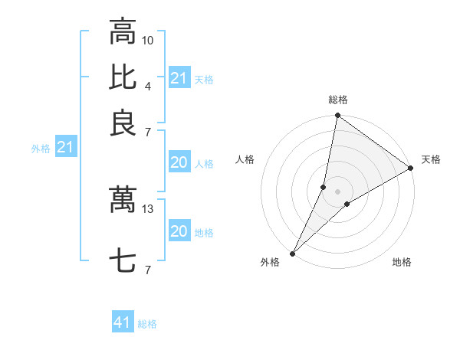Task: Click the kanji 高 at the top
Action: click(123, 32)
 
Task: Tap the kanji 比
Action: click(123, 77)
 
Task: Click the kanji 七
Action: click(123, 261)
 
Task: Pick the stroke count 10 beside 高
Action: click(148, 40)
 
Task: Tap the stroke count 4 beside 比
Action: click(148, 85)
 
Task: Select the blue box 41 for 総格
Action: click(123, 322)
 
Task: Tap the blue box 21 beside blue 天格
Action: click(179, 78)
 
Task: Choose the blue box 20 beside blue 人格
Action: click(179, 162)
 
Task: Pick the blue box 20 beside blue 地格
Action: click(179, 231)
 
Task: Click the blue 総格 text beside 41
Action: click(148, 324)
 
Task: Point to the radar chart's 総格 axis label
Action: click(338, 100)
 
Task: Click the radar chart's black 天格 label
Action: click(431, 159)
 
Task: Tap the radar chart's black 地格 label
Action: click(402, 262)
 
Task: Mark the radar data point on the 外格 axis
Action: click(293, 253)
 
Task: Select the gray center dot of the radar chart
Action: click(338, 191)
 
